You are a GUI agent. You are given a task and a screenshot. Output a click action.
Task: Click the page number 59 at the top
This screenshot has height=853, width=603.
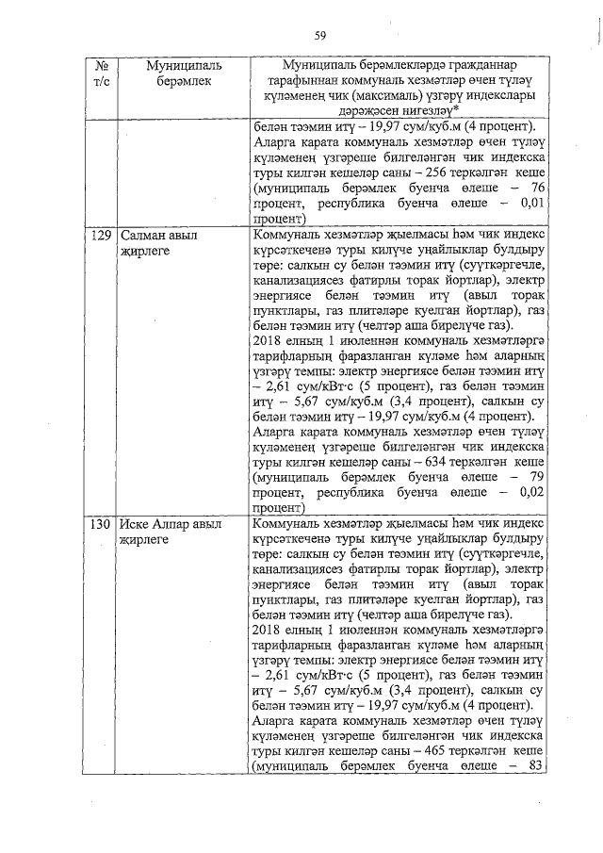(320, 35)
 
